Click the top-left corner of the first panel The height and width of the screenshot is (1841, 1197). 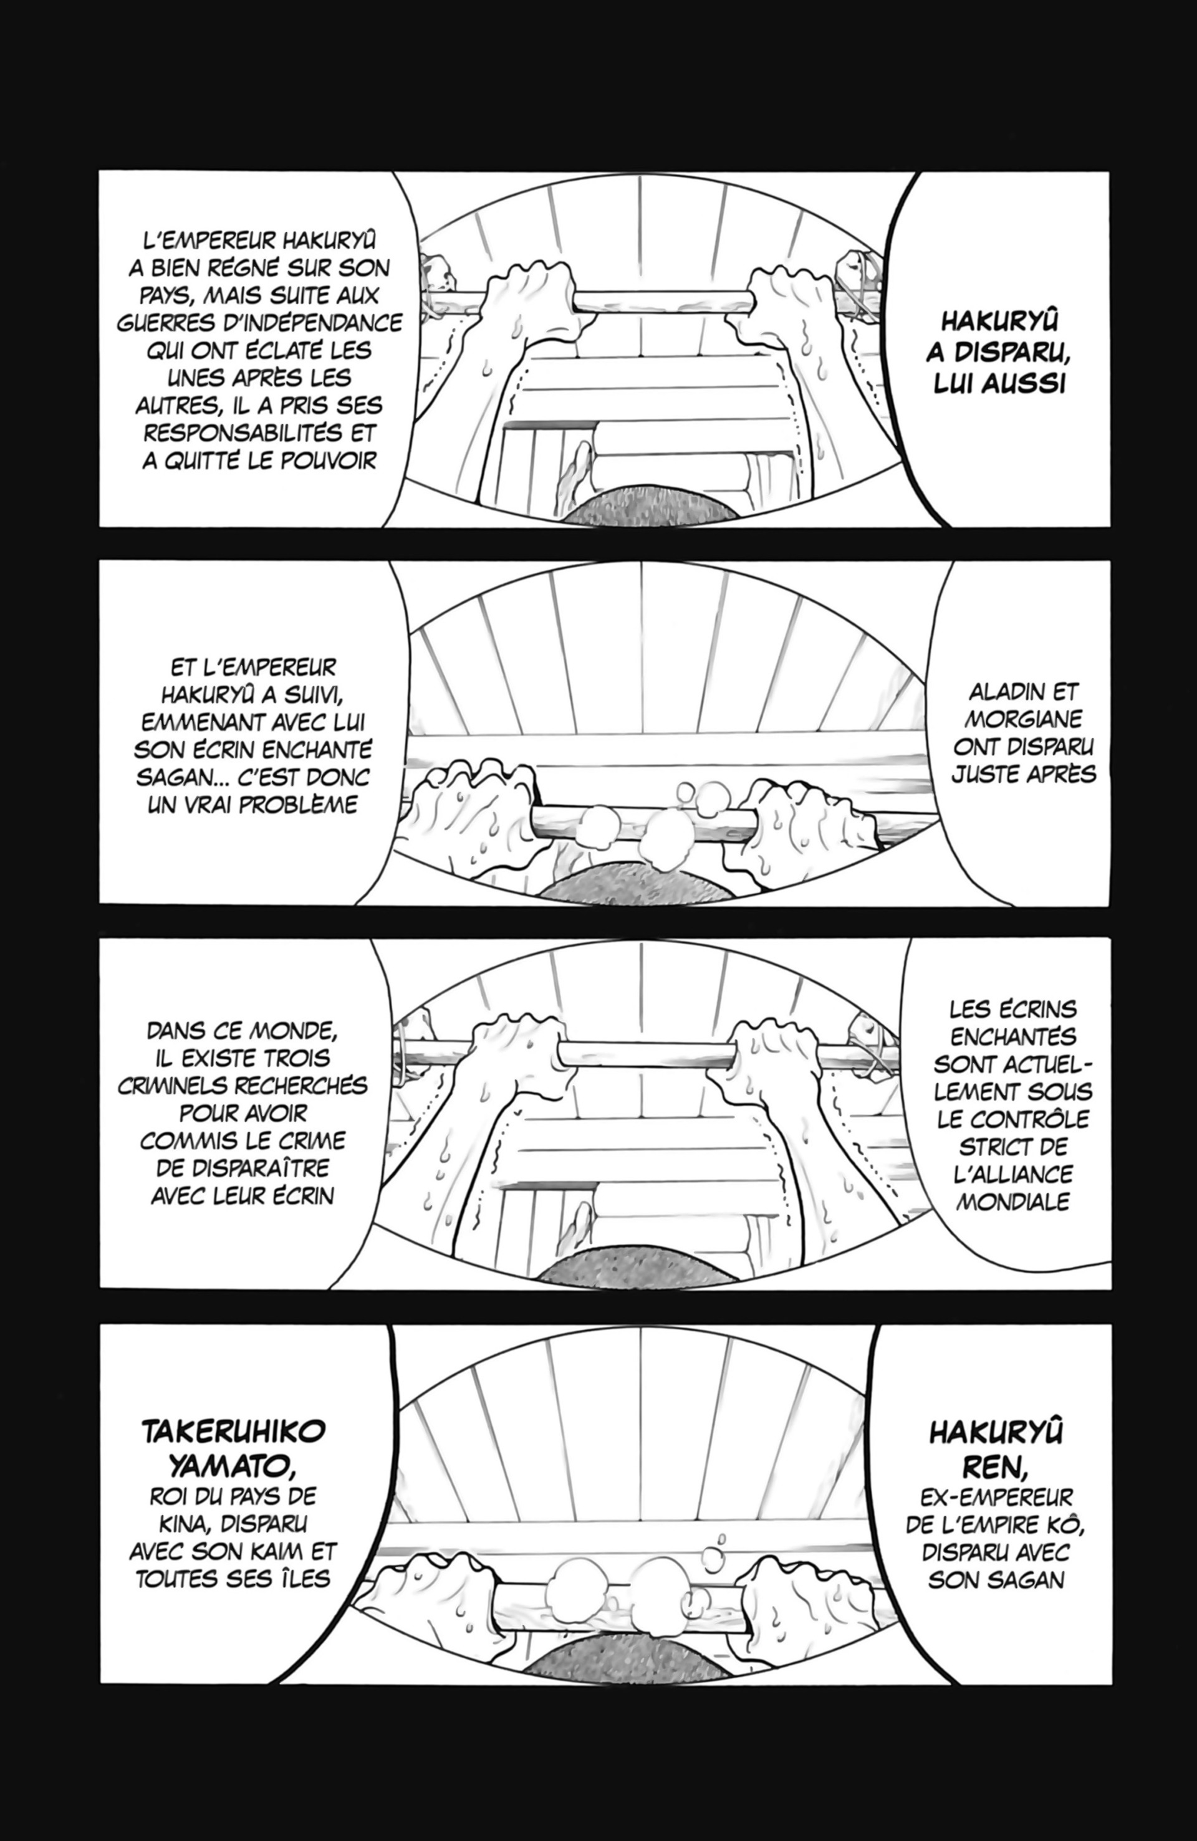tap(100, 172)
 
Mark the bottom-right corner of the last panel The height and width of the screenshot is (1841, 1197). tap(1112, 1683)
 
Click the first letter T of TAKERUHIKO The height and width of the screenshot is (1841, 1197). tap(151, 1432)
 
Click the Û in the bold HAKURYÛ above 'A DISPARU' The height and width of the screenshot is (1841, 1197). tap(1049, 323)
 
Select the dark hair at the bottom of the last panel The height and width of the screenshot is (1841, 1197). tap(639, 1662)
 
